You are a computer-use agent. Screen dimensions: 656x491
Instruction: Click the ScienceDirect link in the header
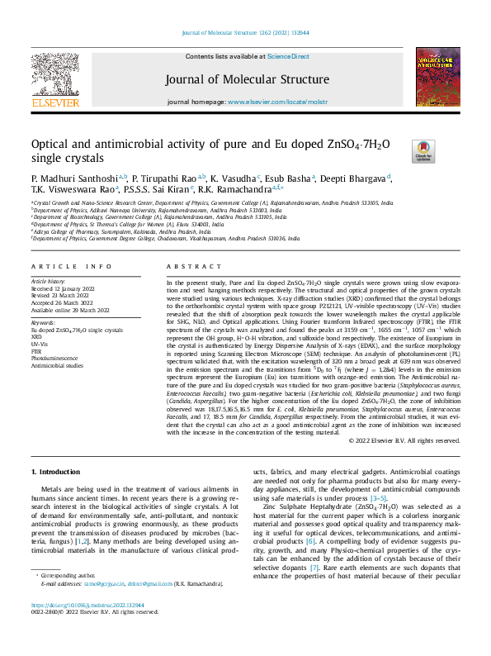pos(288,56)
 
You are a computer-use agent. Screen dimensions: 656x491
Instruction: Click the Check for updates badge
pos(423,150)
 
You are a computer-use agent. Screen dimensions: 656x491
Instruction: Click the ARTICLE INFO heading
pos(71,266)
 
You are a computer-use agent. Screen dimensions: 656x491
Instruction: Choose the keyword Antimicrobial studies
pos(58,364)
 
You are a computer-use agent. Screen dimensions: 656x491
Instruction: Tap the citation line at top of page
pos(245,34)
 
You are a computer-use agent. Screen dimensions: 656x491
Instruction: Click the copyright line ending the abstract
pos(405,440)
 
